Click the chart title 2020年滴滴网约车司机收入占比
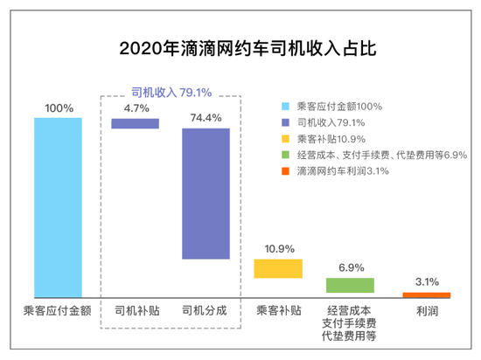point(240,48)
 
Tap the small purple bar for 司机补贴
point(136,123)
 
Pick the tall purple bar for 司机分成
point(206,193)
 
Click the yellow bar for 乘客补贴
point(278,268)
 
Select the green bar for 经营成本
point(350,285)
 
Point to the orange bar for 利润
point(426,295)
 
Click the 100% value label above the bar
point(58,108)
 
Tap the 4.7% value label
point(136,108)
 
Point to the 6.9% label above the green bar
point(350,267)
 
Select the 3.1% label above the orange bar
point(426,281)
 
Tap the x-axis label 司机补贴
point(136,311)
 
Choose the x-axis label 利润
point(426,311)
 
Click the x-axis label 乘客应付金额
point(58,311)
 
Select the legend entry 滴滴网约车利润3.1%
point(343,171)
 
